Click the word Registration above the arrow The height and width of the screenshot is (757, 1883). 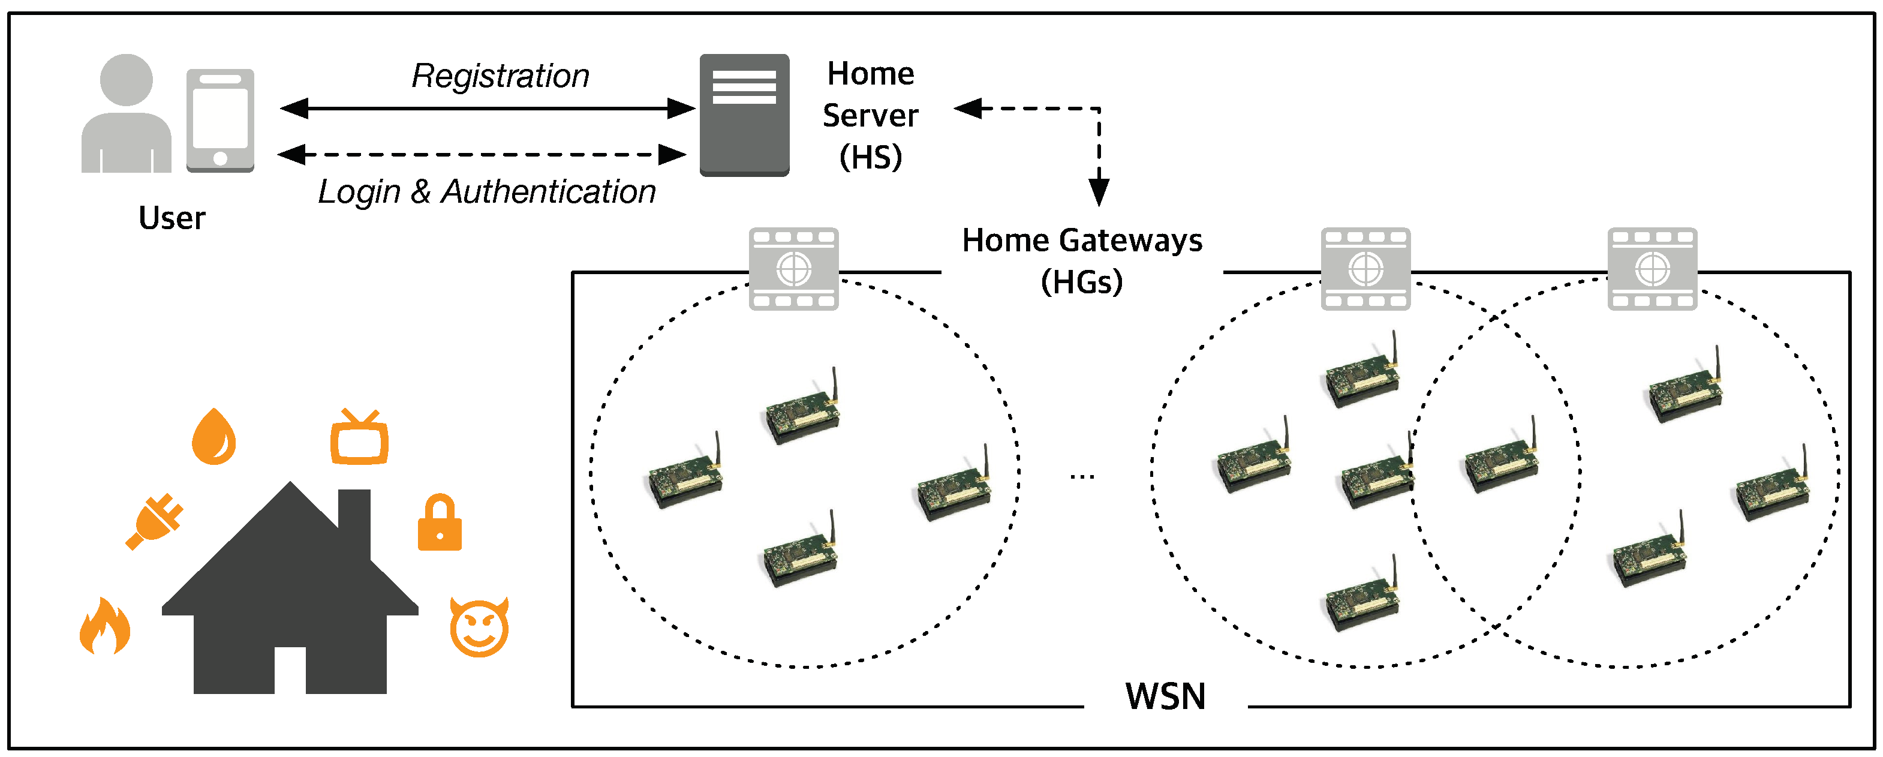500,76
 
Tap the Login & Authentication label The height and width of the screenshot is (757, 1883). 487,191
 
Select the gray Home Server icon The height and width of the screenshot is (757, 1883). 744,115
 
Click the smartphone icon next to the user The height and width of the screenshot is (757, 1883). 220,121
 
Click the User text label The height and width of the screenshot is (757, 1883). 172,218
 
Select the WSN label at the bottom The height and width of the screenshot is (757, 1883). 1165,696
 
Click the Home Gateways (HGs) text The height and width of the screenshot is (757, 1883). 1082,260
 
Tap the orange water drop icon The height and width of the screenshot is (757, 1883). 213,437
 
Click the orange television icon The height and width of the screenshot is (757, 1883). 359,439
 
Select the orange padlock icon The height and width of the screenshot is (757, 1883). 440,524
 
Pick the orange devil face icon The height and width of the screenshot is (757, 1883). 479,627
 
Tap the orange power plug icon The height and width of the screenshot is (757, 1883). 155,521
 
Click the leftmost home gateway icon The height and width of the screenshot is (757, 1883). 793,269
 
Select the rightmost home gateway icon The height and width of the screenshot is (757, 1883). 1652,269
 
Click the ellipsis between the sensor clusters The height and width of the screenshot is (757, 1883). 1082,477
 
